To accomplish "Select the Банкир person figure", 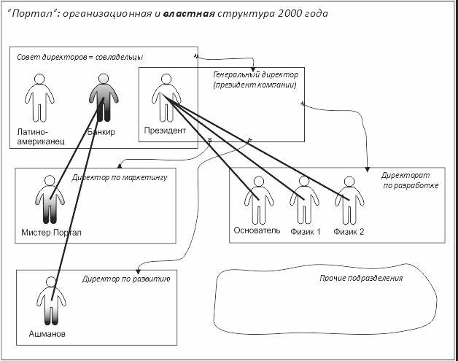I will pyautogui.click(x=101, y=101).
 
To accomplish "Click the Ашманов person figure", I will pyautogui.click(x=52, y=303).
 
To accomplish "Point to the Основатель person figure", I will pyautogui.click(x=257, y=201).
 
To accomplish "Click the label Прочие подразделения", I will pyautogui.click(x=362, y=279).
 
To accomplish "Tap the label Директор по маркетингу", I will pyautogui.click(x=120, y=176).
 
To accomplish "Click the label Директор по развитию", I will pyautogui.click(x=125, y=278).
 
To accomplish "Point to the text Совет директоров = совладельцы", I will pyautogui.click(x=76, y=57).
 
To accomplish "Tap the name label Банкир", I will pyautogui.click(x=101, y=132).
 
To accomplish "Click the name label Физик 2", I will pyautogui.click(x=349, y=231).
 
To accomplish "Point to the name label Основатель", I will pyautogui.click(x=257, y=231).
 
